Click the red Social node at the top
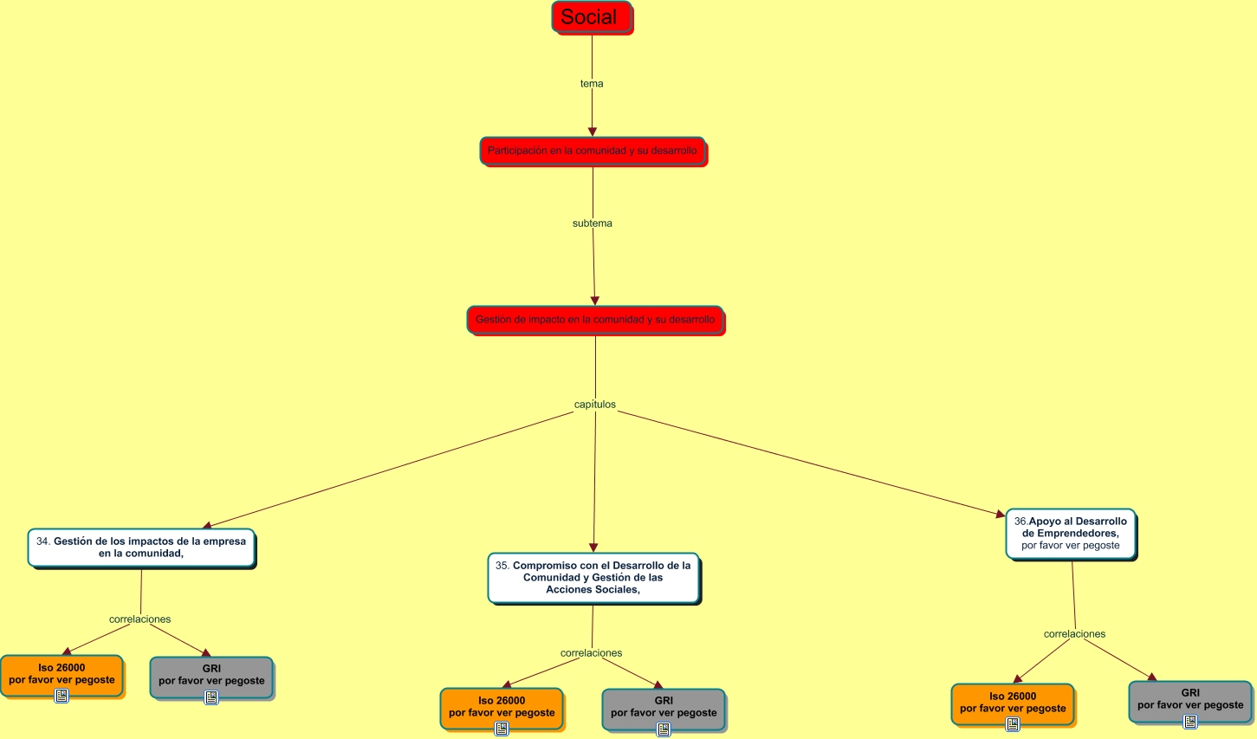592,17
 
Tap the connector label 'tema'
592,84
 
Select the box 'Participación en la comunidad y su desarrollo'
593,151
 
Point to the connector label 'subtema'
593,224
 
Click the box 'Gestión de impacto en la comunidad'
595,320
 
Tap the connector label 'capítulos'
595,405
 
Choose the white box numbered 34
141,548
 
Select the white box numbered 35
593,578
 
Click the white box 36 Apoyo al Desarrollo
1071,534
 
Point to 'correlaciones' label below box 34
140,619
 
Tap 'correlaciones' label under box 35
591,653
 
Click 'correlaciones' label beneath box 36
1074,634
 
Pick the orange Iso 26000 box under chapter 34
62,674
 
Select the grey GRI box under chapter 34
211,675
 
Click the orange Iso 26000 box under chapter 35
502,707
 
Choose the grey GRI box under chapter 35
664,707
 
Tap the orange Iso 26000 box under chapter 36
1013,703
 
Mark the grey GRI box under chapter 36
1190,699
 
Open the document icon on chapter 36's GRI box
1190,721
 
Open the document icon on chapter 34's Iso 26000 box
62,696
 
